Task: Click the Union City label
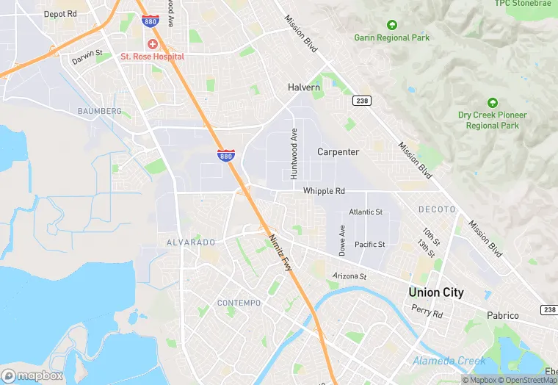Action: [436, 292]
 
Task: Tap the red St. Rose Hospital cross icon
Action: [153, 44]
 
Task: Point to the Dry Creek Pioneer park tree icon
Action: [493, 103]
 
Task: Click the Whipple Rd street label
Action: [324, 191]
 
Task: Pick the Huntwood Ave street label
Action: [294, 154]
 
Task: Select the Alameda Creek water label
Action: [449, 361]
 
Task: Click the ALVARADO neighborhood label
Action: [191, 242]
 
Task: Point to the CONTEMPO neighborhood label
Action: [239, 303]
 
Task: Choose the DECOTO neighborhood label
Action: [437, 209]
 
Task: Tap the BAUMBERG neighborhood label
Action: [99, 111]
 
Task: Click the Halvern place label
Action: [303, 87]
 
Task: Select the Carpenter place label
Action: [338, 152]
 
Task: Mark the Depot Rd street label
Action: [60, 14]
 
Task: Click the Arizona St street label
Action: [349, 276]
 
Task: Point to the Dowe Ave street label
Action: [342, 240]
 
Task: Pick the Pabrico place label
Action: [502, 315]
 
